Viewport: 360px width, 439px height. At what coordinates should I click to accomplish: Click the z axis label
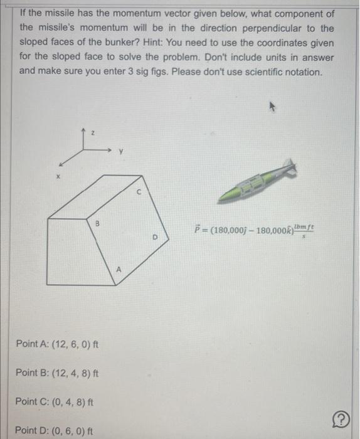pyautogui.click(x=92, y=132)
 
